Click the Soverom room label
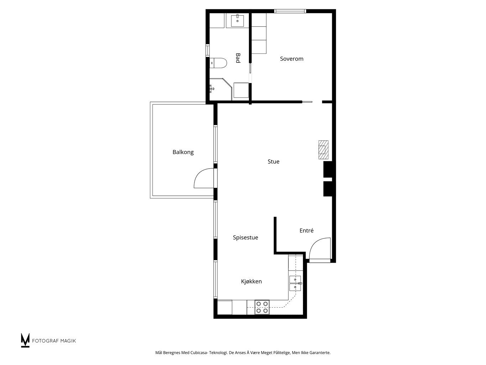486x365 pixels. (291, 59)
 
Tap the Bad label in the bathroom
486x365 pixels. (238, 58)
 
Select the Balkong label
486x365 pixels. (183, 152)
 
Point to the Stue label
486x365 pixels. (273, 161)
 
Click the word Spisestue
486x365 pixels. (245, 238)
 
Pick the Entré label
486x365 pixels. (307, 231)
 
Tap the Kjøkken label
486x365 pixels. (251, 282)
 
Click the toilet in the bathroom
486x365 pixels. (218, 63)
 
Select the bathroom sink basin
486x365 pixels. (237, 21)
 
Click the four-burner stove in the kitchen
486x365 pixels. (262, 307)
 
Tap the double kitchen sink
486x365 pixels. (295, 283)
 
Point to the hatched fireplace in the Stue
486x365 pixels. (323, 150)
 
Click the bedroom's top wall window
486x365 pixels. (290, 11)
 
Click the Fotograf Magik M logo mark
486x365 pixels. (25, 340)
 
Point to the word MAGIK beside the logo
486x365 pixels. (69, 341)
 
